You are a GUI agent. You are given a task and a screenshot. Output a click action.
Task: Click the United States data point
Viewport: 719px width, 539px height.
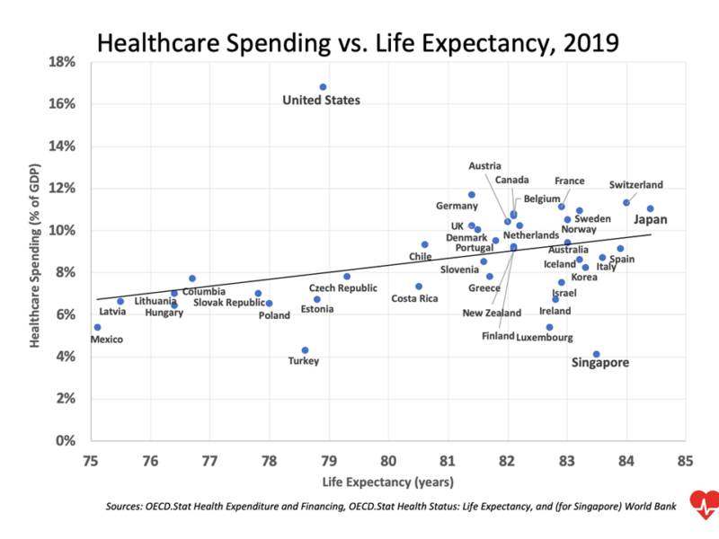[x=323, y=87]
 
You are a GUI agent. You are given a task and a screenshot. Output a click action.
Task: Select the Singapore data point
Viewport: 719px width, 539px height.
[x=596, y=354]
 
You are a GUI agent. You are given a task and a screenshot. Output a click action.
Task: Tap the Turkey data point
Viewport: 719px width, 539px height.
[x=305, y=350]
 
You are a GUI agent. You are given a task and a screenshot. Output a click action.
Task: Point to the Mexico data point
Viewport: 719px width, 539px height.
[x=97, y=327]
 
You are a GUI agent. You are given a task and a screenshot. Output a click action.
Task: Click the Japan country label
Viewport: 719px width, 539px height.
[x=651, y=218]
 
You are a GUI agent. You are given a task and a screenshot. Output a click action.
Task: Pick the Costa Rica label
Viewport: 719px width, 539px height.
[x=414, y=298]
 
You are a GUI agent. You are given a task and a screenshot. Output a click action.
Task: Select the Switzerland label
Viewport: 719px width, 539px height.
[x=635, y=185]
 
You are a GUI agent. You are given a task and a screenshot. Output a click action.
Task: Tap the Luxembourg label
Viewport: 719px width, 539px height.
[x=545, y=338]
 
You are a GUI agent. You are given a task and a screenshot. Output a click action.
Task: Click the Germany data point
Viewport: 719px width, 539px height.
[x=471, y=195]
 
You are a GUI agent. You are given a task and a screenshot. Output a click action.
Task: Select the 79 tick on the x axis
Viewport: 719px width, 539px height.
[x=328, y=462]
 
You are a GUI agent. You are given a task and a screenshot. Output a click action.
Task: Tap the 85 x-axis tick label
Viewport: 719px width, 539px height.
[x=686, y=462]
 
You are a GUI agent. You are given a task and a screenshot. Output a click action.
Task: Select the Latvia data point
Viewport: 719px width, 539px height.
[x=120, y=302]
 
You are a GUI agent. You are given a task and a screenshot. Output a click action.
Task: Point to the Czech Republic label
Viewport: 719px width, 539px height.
[x=343, y=288]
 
